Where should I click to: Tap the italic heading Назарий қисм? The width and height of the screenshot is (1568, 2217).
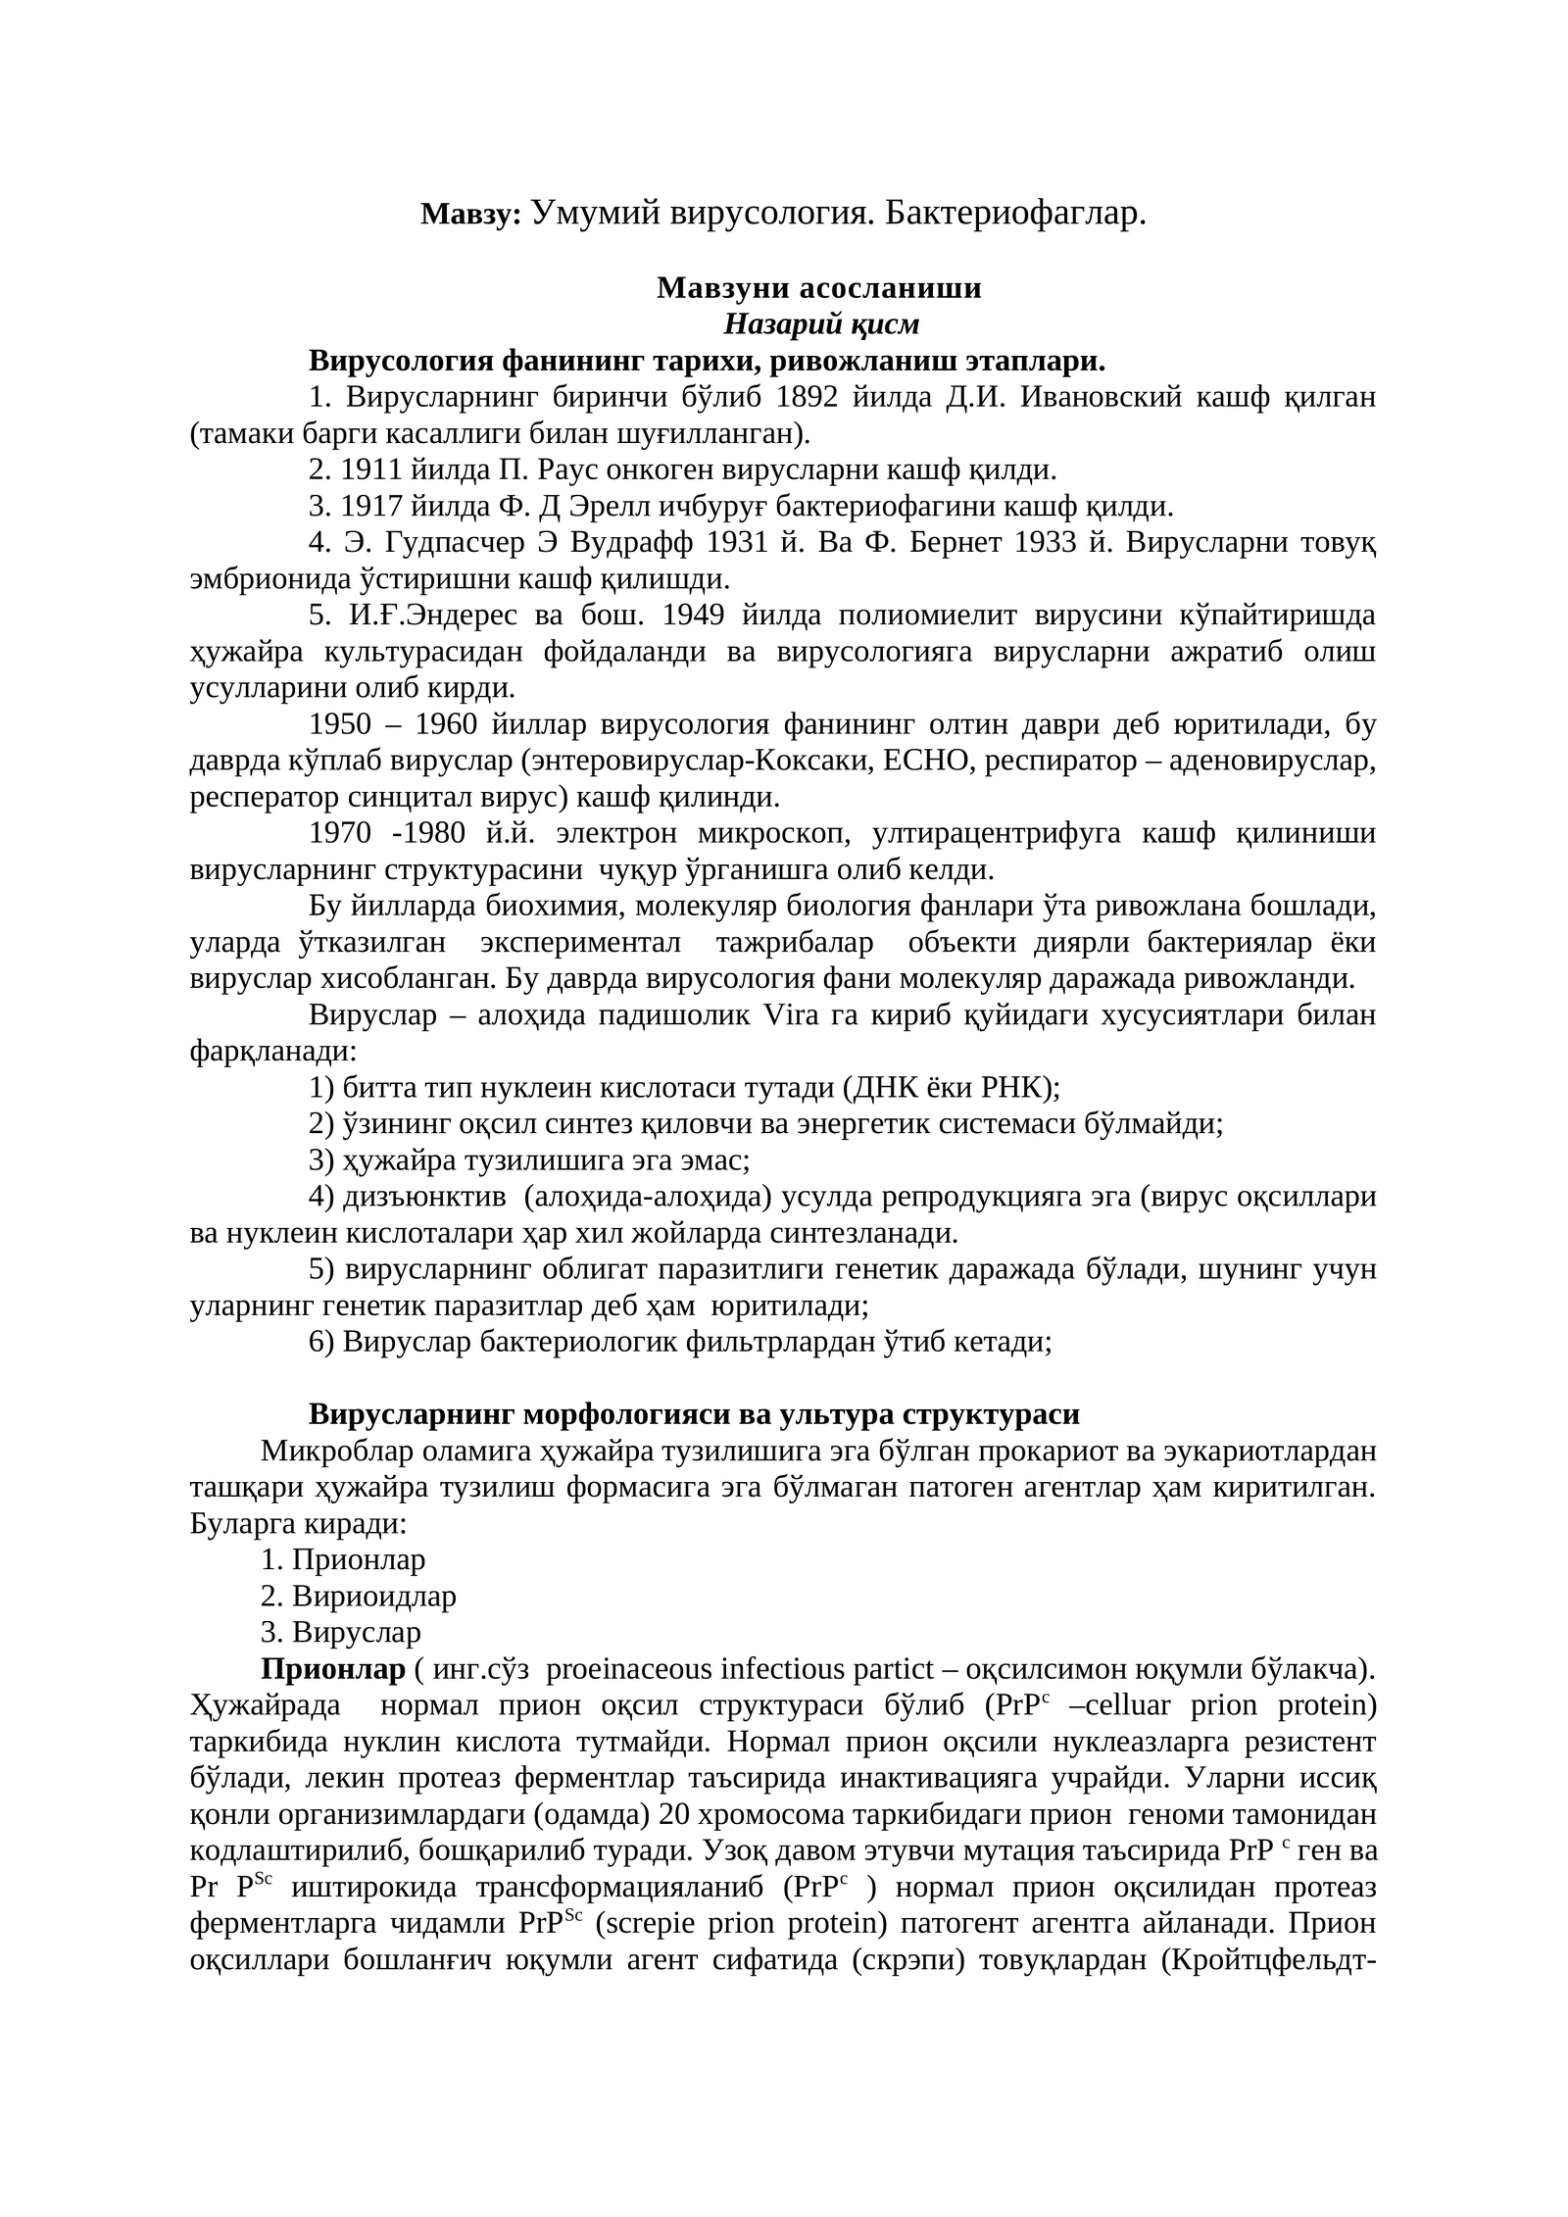pos(821,323)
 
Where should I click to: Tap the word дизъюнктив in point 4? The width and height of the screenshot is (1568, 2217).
pos(424,1196)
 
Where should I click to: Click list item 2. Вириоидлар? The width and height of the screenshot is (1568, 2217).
pos(359,1596)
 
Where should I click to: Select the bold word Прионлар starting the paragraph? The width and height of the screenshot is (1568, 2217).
pos(332,1668)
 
